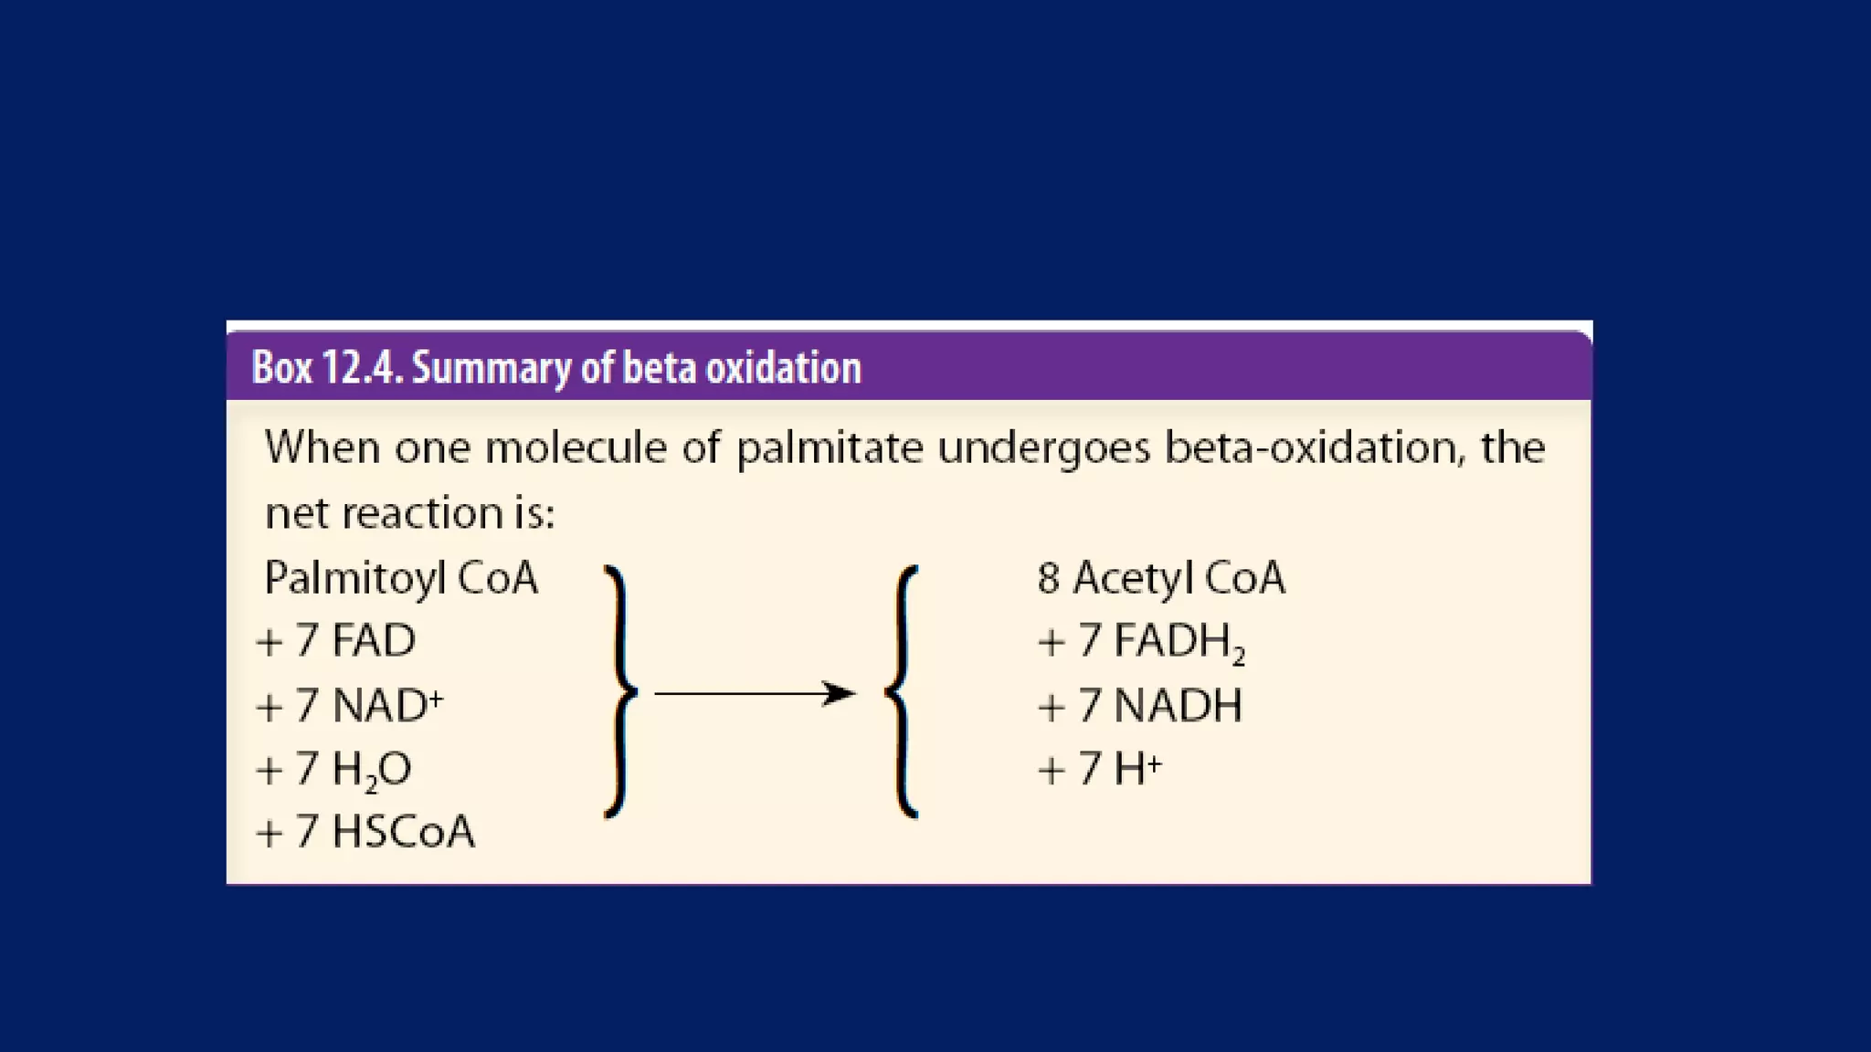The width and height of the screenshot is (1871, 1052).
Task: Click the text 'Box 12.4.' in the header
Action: (326, 368)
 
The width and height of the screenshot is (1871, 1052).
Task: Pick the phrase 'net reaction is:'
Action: (410, 513)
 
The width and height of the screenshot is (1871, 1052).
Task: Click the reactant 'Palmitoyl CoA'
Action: (401, 578)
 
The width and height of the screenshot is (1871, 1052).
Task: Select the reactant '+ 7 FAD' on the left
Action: (336, 640)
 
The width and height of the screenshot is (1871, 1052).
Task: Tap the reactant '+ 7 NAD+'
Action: (350, 705)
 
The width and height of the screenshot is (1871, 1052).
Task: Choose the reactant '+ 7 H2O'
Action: (334, 770)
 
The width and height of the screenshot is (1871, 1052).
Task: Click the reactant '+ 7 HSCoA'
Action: (365, 832)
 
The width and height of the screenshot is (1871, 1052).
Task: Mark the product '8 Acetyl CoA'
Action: (1161, 578)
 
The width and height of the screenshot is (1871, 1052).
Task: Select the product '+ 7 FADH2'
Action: (1141, 641)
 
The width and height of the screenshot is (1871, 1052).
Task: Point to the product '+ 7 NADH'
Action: (1140, 705)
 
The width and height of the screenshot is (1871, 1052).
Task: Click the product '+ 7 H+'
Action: (1100, 768)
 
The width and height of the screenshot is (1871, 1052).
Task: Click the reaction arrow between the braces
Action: (755, 694)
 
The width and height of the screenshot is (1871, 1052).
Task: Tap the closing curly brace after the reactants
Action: (620, 691)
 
